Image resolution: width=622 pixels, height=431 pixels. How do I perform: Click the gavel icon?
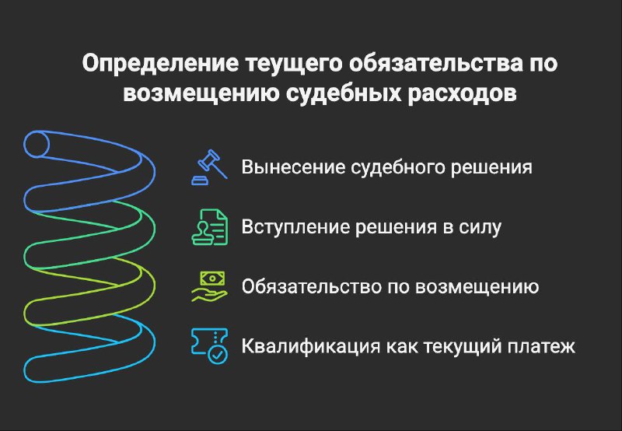tap(209, 167)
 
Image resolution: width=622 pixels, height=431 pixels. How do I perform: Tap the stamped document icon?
tap(209, 227)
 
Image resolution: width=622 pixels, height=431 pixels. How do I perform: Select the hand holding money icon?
tap(209, 286)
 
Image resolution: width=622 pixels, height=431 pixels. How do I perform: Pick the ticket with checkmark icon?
tap(209, 346)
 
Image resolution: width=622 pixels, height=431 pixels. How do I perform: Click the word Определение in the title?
tap(161, 64)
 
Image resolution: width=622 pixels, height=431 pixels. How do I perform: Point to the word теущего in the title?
tap(294, 65)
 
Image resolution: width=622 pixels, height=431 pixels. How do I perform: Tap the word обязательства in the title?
tap(436, 64)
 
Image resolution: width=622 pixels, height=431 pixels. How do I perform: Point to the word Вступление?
tap(295, 227)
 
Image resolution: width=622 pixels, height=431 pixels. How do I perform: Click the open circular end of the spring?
tap(37, 144)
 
